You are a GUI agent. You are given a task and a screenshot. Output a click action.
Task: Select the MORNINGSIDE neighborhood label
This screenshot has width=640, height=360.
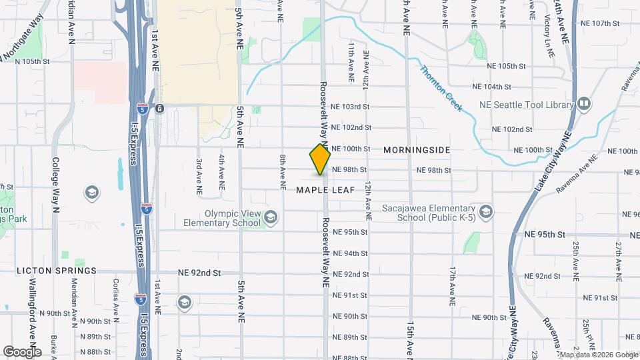point(417,150)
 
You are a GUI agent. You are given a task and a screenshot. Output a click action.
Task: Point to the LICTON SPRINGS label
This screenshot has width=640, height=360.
point(57,271)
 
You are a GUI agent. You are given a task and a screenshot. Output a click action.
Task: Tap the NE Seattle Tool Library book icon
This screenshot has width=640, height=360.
point(584,105)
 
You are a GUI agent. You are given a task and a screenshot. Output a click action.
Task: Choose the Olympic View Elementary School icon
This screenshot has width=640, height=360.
point(271,217)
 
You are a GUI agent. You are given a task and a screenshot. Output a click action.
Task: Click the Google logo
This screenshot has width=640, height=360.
point(22,351)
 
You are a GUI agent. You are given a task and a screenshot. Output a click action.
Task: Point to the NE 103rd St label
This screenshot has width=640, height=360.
point(350,107)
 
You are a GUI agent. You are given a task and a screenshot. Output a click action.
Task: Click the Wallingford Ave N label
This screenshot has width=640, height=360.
point(31,313)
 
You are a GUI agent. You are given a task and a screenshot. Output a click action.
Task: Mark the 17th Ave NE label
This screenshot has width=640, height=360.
point(452,286)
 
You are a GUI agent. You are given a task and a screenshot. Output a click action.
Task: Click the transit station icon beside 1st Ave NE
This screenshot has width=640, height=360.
point(159,108)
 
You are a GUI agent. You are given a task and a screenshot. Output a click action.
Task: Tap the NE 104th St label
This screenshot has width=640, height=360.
point(491,87)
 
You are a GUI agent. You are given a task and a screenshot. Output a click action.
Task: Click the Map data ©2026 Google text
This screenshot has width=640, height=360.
point(598,355)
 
